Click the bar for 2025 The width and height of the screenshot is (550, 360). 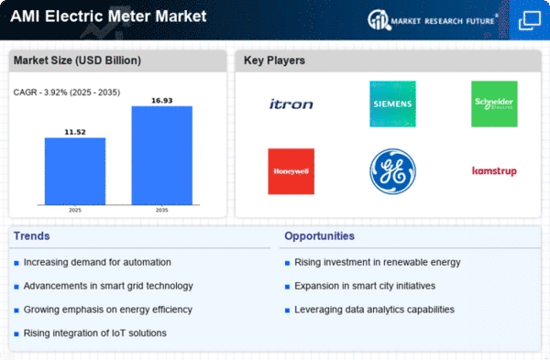(x=75, y=171)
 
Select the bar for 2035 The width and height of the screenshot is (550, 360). (x=161, y=156)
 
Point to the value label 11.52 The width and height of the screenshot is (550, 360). (x=75, y=132)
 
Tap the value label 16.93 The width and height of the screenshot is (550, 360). (x=161, y=101)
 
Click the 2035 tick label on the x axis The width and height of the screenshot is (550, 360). (x=161, y=210)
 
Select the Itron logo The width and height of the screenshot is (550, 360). (x=291, y=104)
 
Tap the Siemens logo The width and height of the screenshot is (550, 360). (x=392, y=104)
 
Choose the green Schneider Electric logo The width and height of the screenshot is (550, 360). (x=494, y=104)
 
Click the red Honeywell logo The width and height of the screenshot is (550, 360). (x=291, y=171)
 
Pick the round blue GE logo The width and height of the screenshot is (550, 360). (x=392, y=171)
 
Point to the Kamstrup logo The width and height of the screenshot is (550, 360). (x=494, y=171)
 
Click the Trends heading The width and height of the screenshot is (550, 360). (x=31, y=236)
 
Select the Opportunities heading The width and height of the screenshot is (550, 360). (x=319, y=236)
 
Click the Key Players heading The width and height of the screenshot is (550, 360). (x=274, y=60)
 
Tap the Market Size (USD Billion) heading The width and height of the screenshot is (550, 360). (x=77, y=60)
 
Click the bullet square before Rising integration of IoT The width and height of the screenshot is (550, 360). (x=16, y=334)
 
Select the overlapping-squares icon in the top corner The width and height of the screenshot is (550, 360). (x=529, y=20)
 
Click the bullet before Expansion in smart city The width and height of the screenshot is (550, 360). (x=287, y=287)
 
